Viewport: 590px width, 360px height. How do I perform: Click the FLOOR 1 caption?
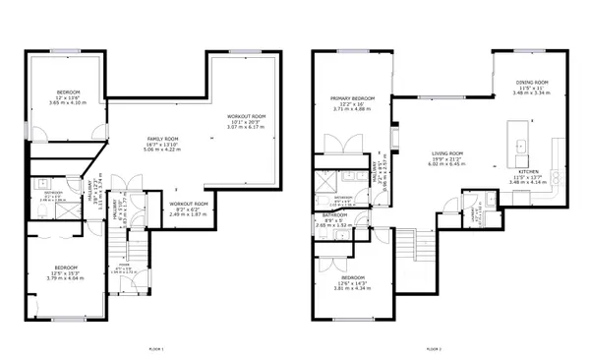click(x=155, y=349)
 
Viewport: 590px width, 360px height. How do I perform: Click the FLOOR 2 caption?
click(x=434, y=349)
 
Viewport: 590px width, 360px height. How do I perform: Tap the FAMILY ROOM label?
click(x=163, y=145)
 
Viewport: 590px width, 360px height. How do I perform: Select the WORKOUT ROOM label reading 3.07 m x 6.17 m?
click(x=246, y=122)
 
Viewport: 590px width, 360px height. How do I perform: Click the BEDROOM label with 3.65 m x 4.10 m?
click(x=68, y=97)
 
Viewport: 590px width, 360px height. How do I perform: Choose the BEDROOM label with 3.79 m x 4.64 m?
click(x=66, y=272)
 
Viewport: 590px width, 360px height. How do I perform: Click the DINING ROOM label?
click(x=532, y=87)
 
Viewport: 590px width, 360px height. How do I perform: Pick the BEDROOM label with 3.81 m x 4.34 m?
click(x=353, y=282)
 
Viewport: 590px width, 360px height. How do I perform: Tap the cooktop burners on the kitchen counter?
click(x=557, y=177)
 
